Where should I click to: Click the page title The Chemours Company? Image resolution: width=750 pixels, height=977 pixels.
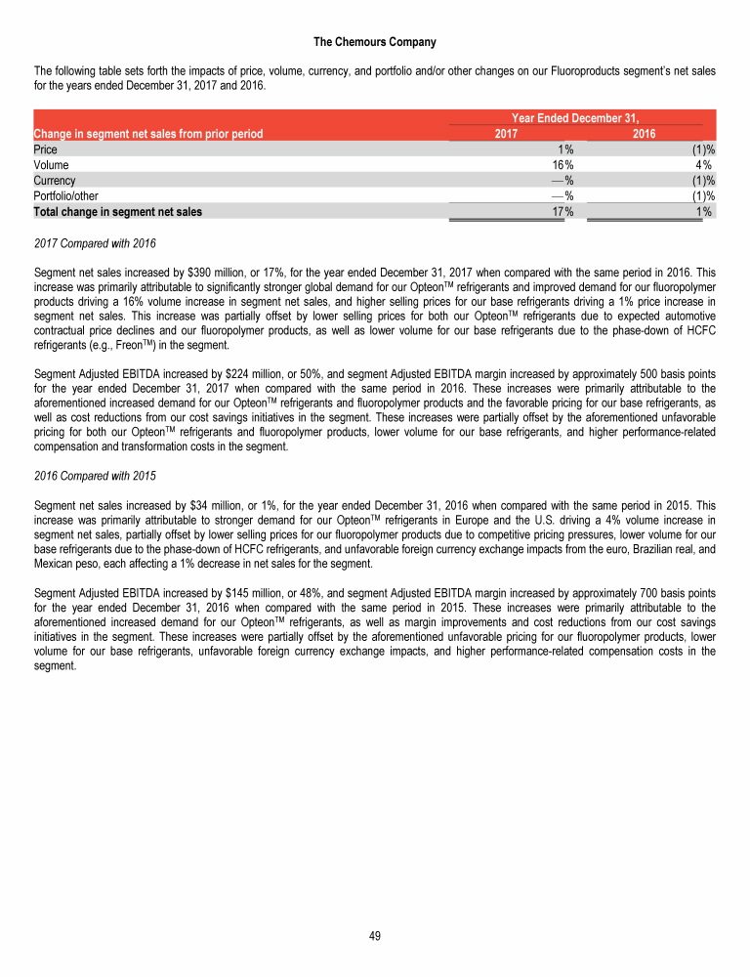tap(374, 42)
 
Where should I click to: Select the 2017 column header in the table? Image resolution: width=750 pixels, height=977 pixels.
tap(507, 134)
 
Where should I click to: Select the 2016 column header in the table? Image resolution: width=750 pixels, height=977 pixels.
tap(645, 134)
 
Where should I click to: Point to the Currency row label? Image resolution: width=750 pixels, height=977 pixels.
tap(55, 181)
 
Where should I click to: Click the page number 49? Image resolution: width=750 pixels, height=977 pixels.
tap(374, 936)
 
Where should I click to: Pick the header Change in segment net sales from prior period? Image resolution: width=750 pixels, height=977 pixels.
tap(147, 134)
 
